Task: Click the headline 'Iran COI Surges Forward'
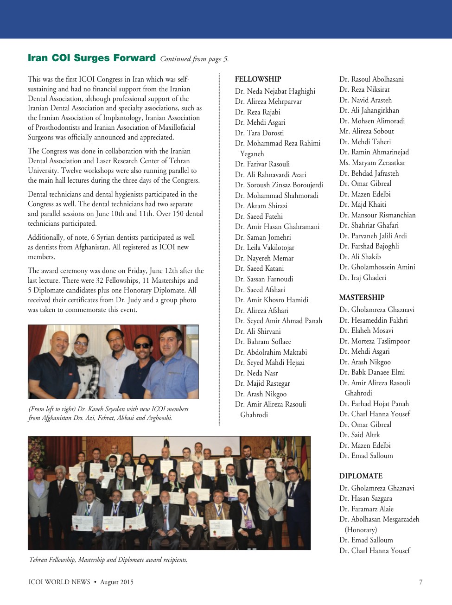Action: tap(91, 58)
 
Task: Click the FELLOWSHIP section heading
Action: tap(258, 79)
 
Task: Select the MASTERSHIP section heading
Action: tap(362, 298)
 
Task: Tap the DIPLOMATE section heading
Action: tap(361, 476)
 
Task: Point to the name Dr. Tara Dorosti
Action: tap(259, 133)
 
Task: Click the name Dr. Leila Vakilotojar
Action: tap(264, 248)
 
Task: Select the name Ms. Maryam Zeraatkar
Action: tap(372, 163)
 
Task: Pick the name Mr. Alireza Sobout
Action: tap(366, 131)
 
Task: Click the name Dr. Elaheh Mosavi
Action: tap(366, 331)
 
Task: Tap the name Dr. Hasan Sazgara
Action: tap(365, 498)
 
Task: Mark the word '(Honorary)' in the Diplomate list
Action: tap(361, 529)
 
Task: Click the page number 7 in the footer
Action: tap(420, 582)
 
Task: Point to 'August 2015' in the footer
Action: tap(117, 582)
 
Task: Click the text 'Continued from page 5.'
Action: tap(194, 59)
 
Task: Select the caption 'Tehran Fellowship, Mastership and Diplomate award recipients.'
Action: tap(108, 560)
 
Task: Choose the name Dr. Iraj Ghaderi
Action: tap(363, 278)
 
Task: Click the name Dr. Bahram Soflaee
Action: tap(263, 342)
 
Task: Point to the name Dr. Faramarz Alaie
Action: tap(366, 509)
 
